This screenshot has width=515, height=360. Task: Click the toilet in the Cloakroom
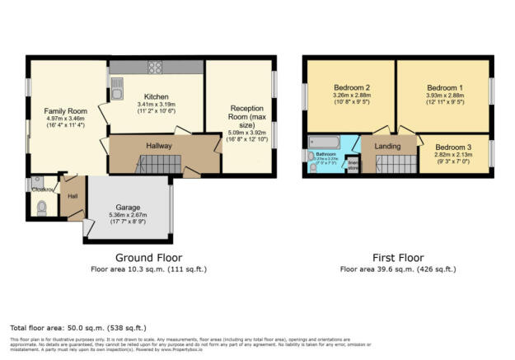[42, 206]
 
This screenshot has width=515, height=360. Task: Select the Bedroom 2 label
[350, 87]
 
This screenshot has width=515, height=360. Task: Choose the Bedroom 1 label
[444, 87]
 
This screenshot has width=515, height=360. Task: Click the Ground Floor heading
[148, 256]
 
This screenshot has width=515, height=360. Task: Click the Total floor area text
[63, 328]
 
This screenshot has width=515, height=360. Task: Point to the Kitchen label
[156, 96]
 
